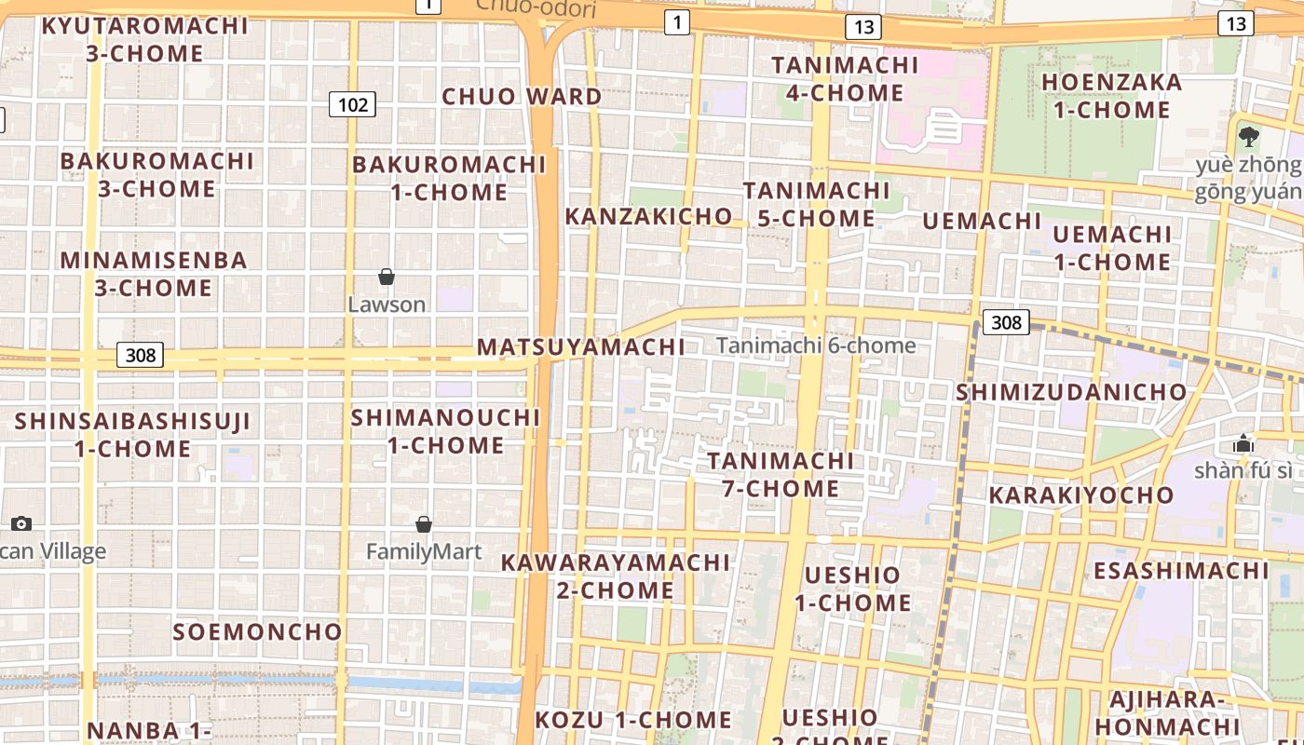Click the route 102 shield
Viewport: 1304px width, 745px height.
pyautogui.click(x=352, y=104)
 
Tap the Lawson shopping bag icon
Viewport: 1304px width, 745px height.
pyautogui.click(x=387, y=277)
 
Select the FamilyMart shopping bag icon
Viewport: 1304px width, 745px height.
pyautogui.click(x=424, y=524)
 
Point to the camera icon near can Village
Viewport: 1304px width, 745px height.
pyautogui.click(x=21, y=523)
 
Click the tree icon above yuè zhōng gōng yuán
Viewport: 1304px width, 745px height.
pyautogui.click(x=1250, y=137)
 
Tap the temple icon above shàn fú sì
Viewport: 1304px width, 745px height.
pyautogui.click(x=1243, y=443)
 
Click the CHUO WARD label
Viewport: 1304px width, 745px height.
pyautogui.click(x=522, y=96)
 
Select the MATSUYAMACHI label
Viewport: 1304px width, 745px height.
pyautogui.click(x=581, y=347)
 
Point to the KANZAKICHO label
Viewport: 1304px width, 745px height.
pyautogui.click(x=649, y=216)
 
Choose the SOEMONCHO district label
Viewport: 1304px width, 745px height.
pyautogui.click(x=258, y=631)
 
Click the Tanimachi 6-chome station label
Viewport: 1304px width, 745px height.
pyautogui.click(x=816, y=345)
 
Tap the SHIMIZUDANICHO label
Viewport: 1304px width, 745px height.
pyautogui.click(x=1071, y=392)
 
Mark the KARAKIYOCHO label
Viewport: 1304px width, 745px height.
pyautogui.click(x=1080, y=494)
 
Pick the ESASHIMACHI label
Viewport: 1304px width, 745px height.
pyautogui.click(x=1181, y=570)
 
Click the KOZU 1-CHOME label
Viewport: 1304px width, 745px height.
pyautogui.click(x=633, y=720)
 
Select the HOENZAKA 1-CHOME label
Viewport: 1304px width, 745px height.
pyautogui.click(x=1111, y=96)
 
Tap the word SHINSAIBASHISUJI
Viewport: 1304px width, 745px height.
pyautogui.click(x=132, y=422)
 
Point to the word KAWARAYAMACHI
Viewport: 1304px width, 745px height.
pyautogui.click(x=616, y=562)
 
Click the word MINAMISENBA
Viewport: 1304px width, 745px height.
pyautogui.click(x=154, y=260)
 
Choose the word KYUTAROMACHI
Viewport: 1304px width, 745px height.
pyautogui.click(x=145, y=25)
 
